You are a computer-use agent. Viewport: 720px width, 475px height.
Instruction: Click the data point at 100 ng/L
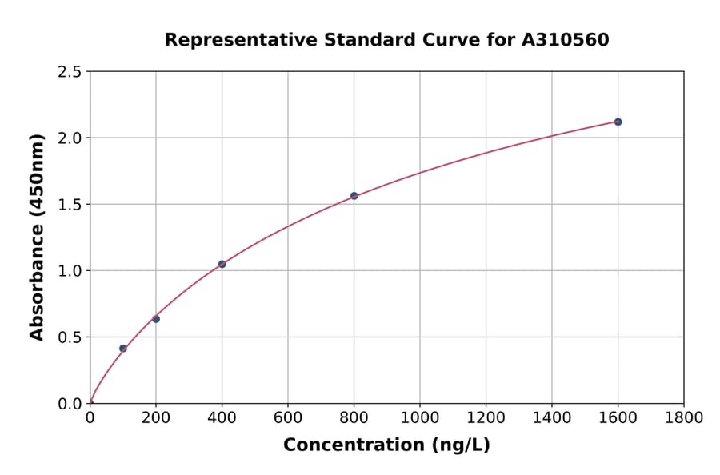[123, 349]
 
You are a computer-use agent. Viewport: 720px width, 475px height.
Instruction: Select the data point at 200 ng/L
[156, 319]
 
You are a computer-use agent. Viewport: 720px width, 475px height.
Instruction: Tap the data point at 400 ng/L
[222, 264]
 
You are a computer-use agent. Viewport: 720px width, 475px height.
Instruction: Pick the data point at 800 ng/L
[354, 196]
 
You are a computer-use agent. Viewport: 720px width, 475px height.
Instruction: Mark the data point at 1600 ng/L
[618, 122]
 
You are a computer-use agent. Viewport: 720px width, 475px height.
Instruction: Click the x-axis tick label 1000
[419, 417]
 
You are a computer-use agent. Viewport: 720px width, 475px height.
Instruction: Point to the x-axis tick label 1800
[683, 417]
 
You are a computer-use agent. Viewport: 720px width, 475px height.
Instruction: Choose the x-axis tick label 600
[288, 417]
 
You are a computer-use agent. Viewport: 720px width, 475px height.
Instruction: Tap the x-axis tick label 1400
[551, 417]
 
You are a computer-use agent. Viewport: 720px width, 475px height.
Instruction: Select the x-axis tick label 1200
[486, 417]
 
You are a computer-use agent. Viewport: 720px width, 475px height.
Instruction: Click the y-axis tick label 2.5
[70, 72]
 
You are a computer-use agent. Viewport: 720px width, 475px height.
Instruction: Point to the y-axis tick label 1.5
[70, 205]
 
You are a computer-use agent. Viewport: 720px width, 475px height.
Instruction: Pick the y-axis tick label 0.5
[70, 337]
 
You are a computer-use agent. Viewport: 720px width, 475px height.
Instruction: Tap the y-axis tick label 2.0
[70, 138]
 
